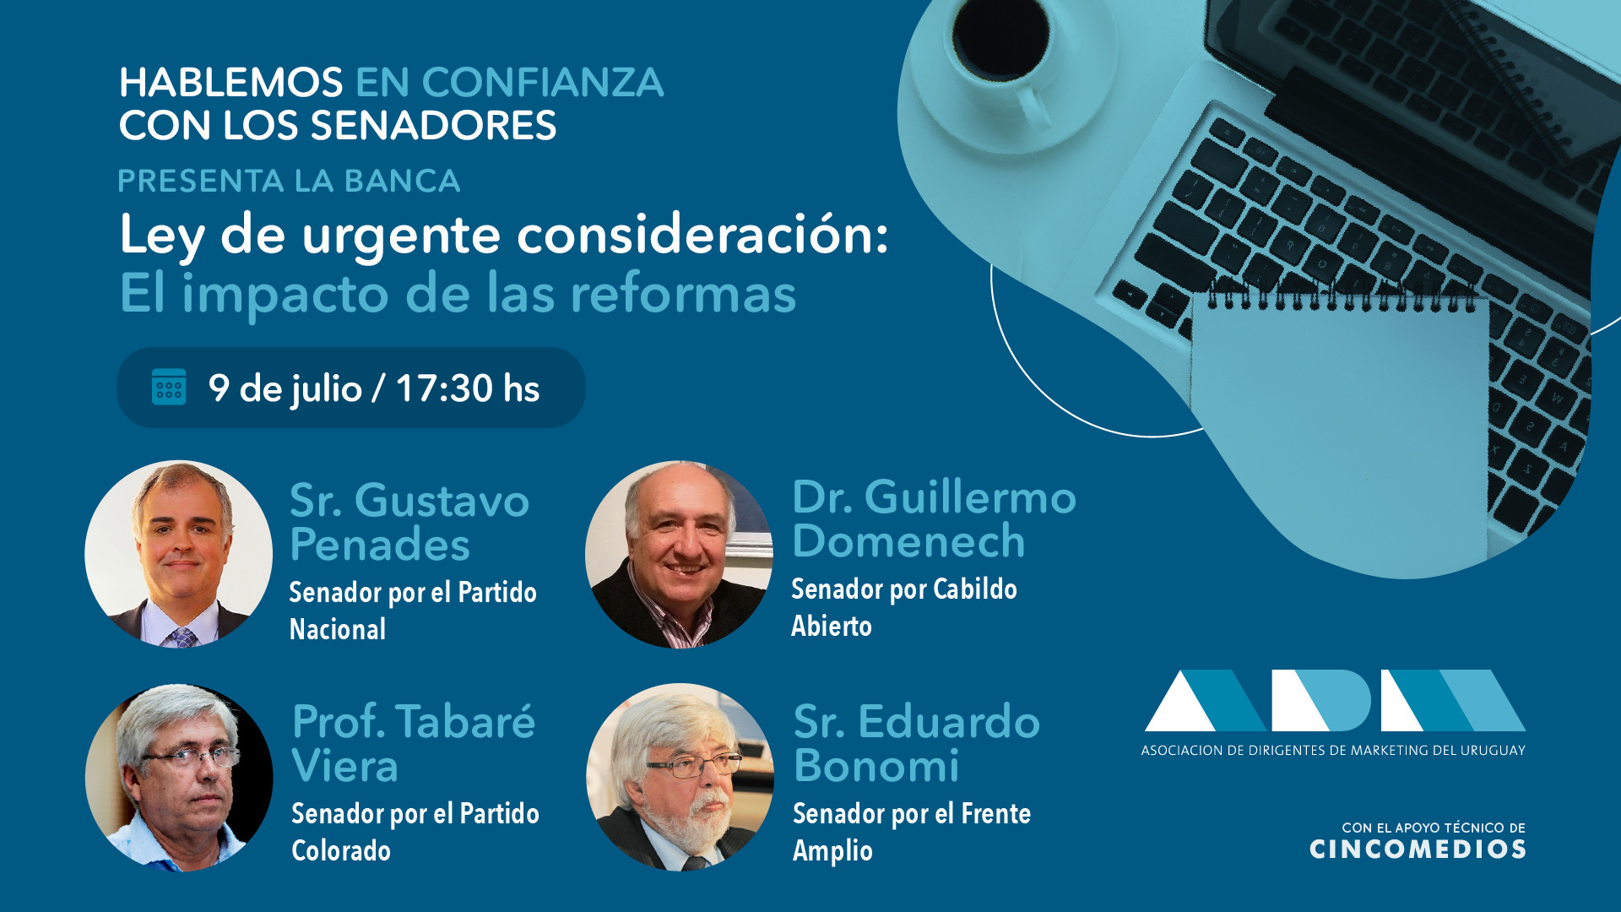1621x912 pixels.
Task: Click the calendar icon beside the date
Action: coord(169,387)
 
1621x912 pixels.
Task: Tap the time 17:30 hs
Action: coord(468,388)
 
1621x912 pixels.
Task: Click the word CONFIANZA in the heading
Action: coord(543,83)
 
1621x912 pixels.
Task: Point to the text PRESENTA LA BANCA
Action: coord(289,181)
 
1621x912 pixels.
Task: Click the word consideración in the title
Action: coord(702,234)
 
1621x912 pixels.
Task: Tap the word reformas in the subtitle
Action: coord(683,294)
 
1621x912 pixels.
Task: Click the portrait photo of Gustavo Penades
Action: coord(179,554)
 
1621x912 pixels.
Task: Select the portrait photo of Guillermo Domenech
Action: coord(679,554)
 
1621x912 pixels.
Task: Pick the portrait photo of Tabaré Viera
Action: coord(179,778)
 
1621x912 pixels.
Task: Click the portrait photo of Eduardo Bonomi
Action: coord(680,777)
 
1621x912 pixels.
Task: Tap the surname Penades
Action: coord(380,545)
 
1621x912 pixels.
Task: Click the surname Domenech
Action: coord(908,540)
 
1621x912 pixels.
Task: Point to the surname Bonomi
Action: coord(876,766)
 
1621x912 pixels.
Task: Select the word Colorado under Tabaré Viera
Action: coord(341,850)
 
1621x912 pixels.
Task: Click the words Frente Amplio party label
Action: coord(912,832)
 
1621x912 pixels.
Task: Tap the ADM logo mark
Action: coord(1335,700)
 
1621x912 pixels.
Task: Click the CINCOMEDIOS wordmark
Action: coord(1418,850)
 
